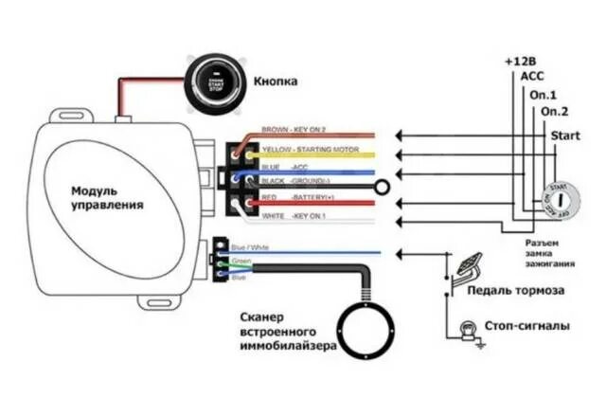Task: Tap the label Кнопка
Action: [x=276, y=81]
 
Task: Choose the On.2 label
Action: [x=554, y=112]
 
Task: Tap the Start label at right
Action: [x=564, y=136]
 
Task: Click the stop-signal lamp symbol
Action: [x=466, y=329]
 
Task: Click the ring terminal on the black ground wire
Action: [x=382, y=189]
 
